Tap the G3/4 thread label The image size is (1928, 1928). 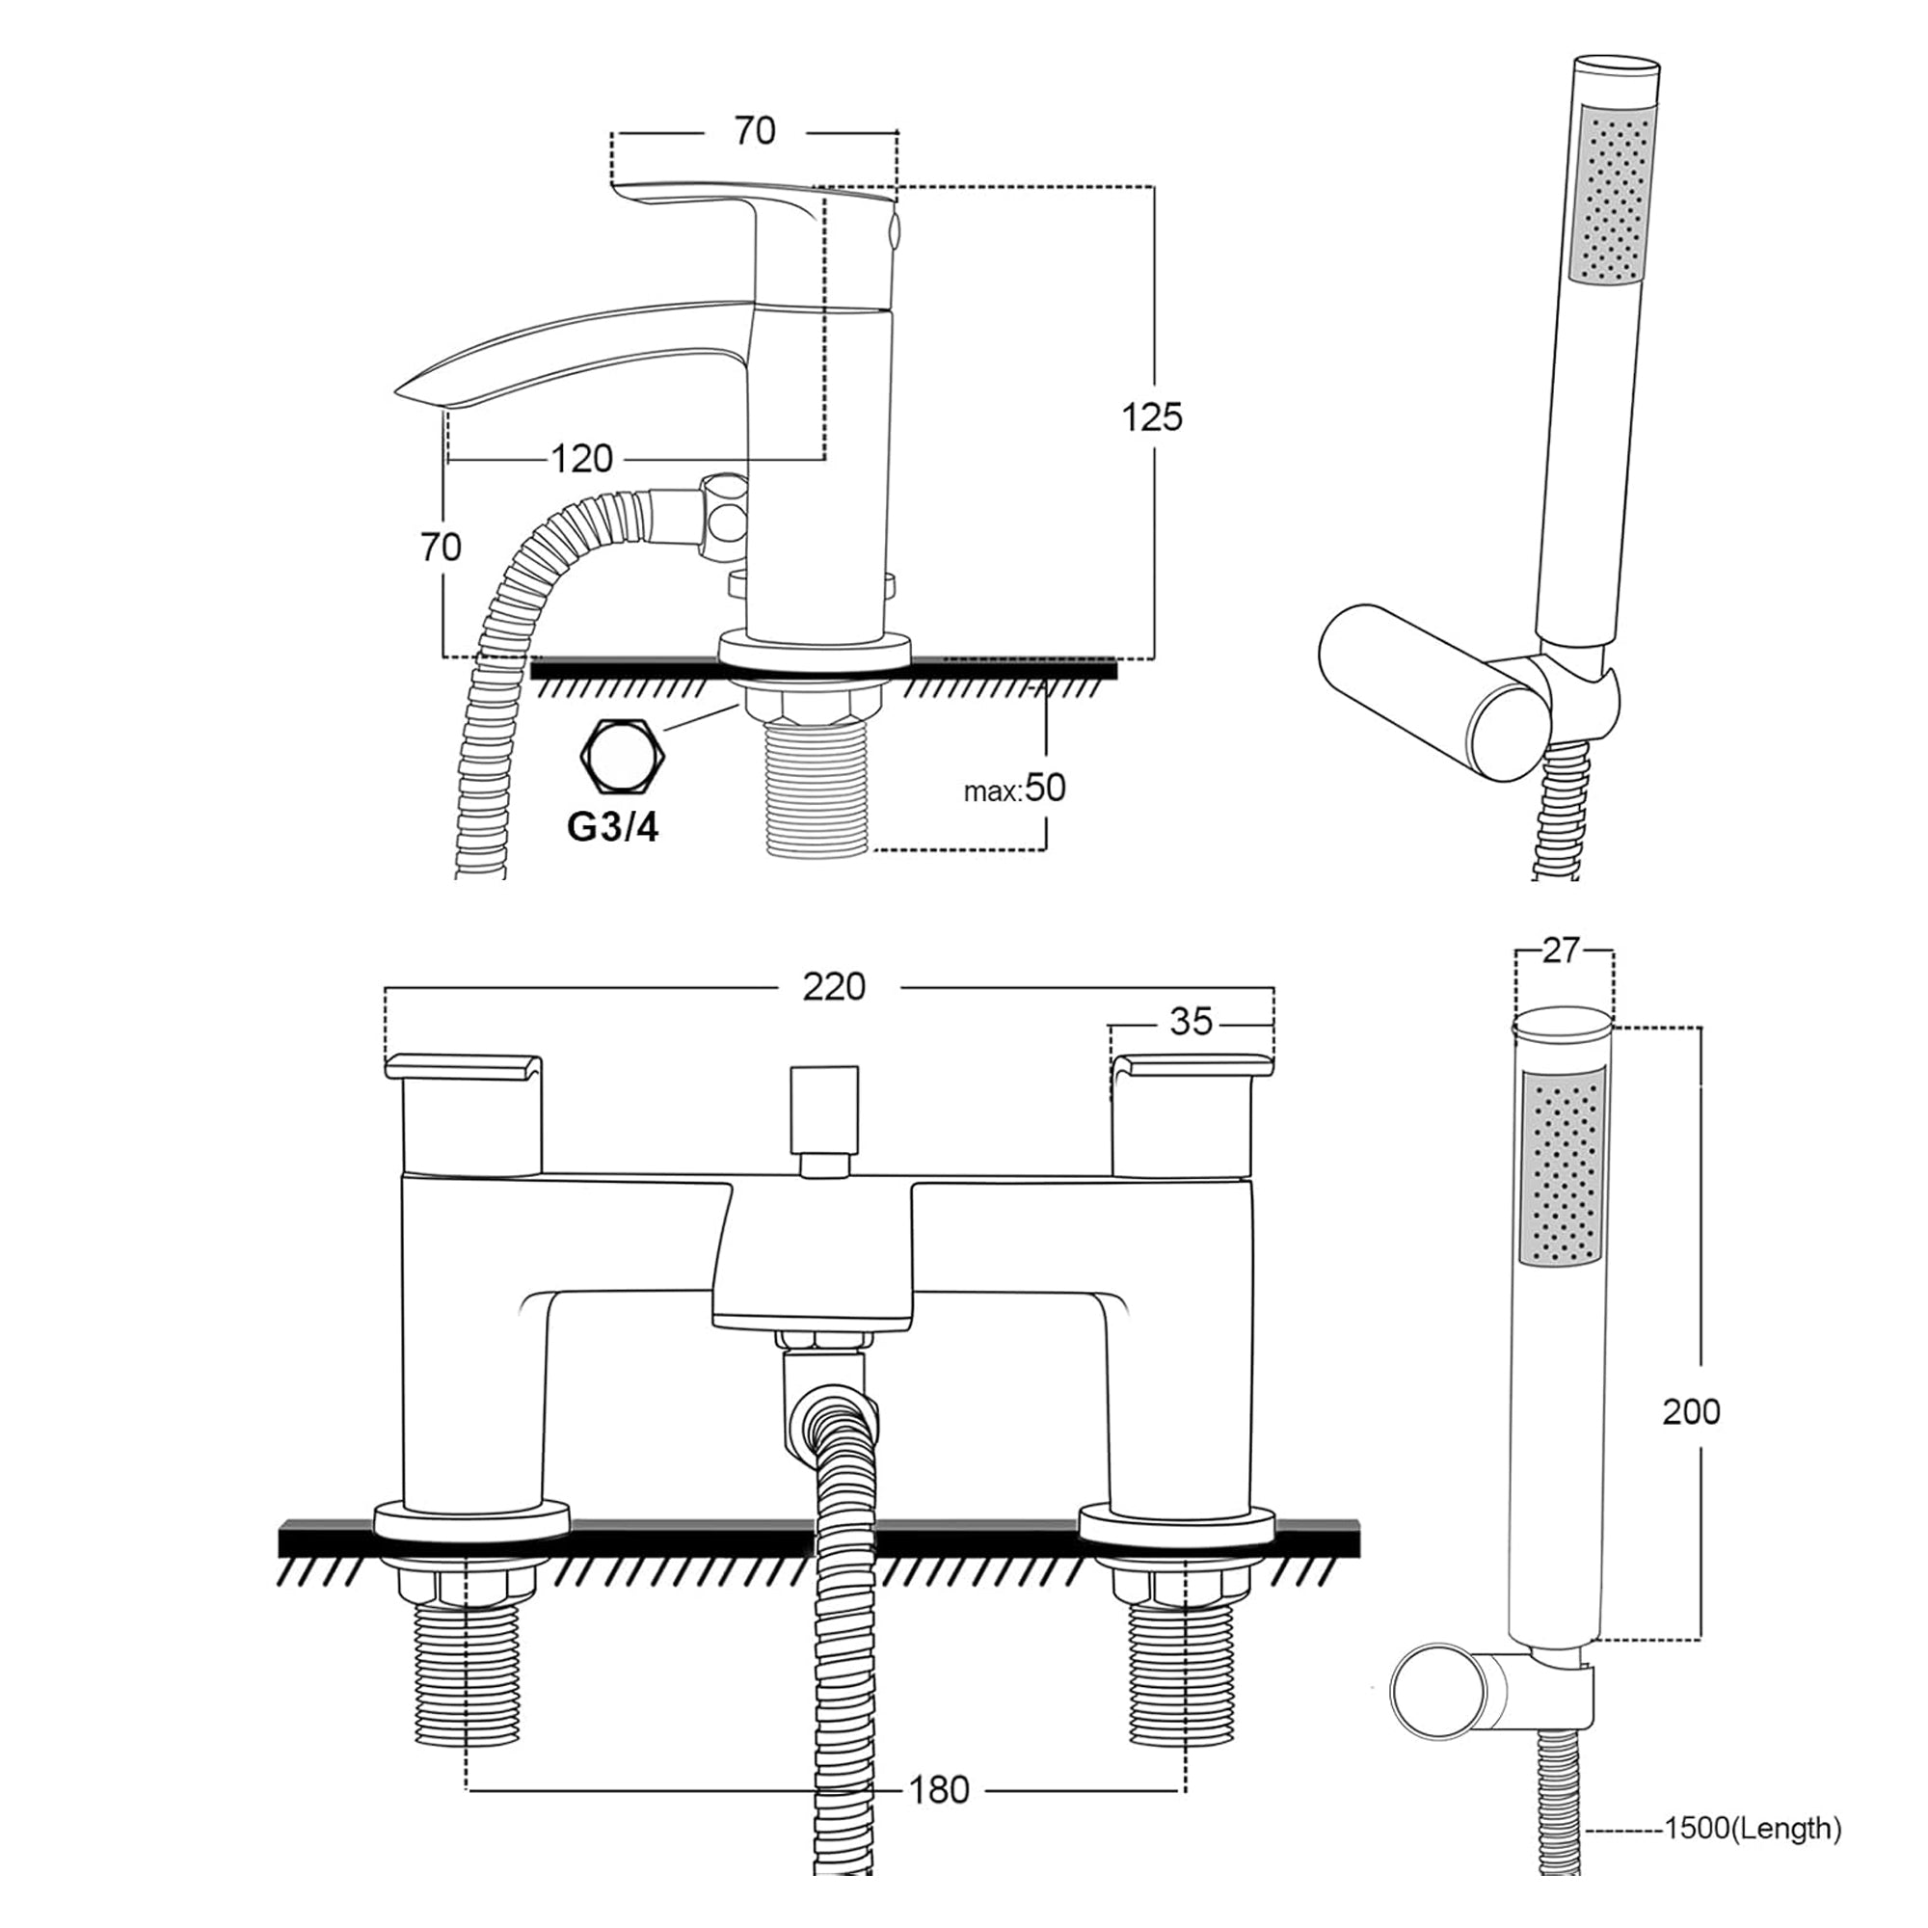(x=613, y=826)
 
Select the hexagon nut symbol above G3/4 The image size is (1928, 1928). (x=624, y=756)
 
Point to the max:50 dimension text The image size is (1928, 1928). (x=1015, y=789)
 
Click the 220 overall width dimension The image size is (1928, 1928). (x=833, y=987)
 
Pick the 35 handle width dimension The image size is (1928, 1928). (x=1190, y=1022)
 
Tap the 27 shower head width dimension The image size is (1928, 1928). (x=1561, y=951)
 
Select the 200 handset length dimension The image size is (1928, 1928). (x=1691, y=1411)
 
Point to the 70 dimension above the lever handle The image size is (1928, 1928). (x=755, y=131)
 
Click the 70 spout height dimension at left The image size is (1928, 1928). (x=441, y=547)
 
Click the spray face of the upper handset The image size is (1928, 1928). (x=1613, y=195)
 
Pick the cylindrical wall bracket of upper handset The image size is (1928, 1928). (x=1422, y=688)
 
